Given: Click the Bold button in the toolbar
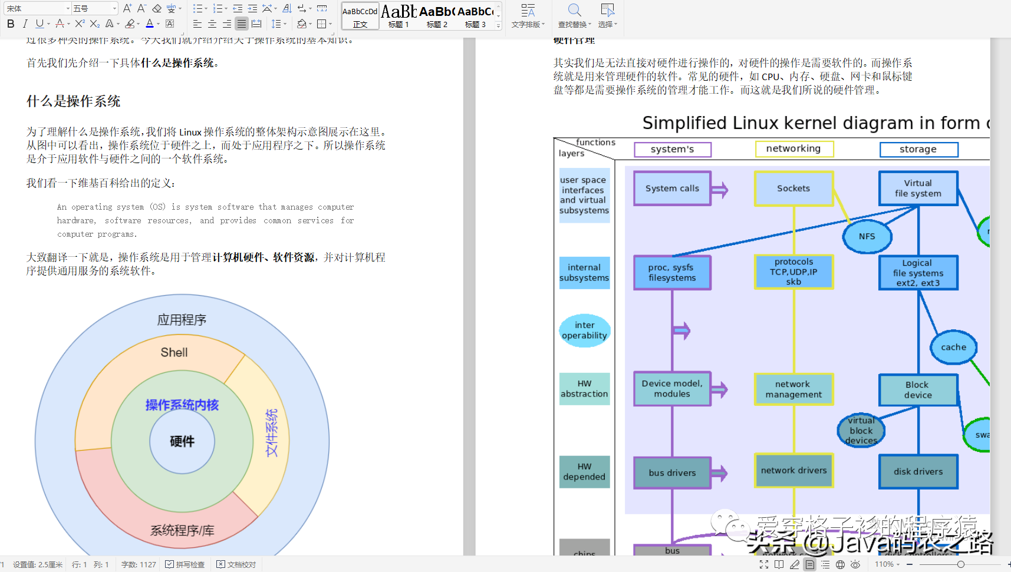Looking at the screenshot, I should pos(11,24).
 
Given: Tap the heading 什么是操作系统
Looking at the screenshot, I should pos(74,101).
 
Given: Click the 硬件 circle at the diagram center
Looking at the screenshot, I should pos(182,442).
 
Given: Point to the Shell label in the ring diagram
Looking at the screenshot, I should pos(174,352).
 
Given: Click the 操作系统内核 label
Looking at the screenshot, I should pos(182,405).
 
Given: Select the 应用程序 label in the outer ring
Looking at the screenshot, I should pos(182,320).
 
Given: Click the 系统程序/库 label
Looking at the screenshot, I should pos(182,530).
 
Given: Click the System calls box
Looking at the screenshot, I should pos(672,189).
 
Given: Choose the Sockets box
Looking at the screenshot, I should pos(793,189).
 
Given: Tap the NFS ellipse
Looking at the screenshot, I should pos(867,236).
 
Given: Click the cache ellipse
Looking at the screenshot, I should pos(953,347).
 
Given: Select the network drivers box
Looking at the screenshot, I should pos(793,471).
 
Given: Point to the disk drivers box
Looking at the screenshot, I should pos(918,471).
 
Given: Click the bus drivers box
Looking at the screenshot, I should pos(672,472).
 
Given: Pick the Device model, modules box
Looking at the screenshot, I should pos(672,388).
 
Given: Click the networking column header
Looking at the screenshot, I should pos(793,149).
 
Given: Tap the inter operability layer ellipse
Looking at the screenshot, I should pos(584,330).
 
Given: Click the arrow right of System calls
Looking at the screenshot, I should pos(720,190).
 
